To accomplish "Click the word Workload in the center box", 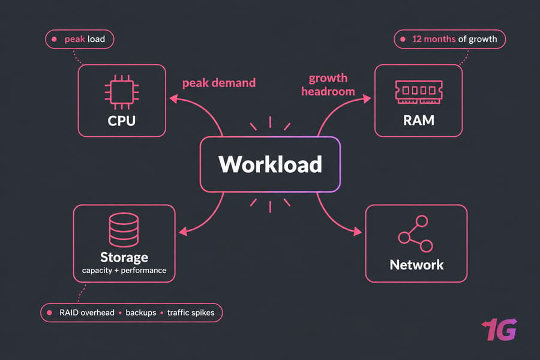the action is [271, 164].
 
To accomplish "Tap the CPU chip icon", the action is [122, 92].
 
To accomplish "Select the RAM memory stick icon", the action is [419, 92].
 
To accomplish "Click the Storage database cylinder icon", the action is [124, 230].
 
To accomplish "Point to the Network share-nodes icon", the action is [415, 234].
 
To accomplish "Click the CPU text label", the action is [122, 121].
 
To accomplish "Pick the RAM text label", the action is [419, 121].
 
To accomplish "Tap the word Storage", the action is [124, 257].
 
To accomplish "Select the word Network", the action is [417, 265].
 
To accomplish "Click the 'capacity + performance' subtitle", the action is [124, 271].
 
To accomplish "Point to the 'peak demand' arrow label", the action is [219, 83].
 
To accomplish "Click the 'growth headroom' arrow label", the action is [328, 85].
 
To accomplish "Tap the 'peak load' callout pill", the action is [80, 39].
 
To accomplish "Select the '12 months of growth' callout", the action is [450, 39].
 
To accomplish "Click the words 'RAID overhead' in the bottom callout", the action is [87, 313].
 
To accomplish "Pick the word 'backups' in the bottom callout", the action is [141, 313].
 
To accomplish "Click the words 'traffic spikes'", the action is [191, 313].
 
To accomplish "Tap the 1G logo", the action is [499, 329].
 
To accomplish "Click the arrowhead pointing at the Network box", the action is [358, 232].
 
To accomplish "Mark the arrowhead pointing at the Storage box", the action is [184, 232].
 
